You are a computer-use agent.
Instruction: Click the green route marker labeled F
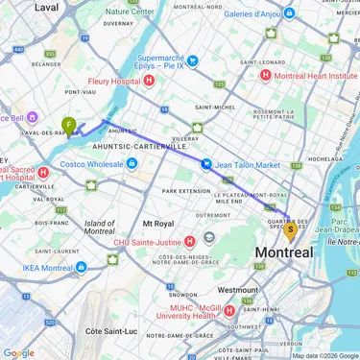[69, 125]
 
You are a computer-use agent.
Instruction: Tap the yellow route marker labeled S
[290, 229]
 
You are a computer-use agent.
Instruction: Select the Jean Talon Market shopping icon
[206, 164]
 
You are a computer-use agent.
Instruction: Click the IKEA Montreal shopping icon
[81, 267]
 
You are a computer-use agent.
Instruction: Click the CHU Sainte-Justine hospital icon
[191, 241]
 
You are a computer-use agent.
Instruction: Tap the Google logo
[18, 352]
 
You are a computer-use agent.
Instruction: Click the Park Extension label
[185, 191]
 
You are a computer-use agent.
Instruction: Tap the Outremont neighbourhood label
[213, 215]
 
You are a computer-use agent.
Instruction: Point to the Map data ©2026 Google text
[324, 355]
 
